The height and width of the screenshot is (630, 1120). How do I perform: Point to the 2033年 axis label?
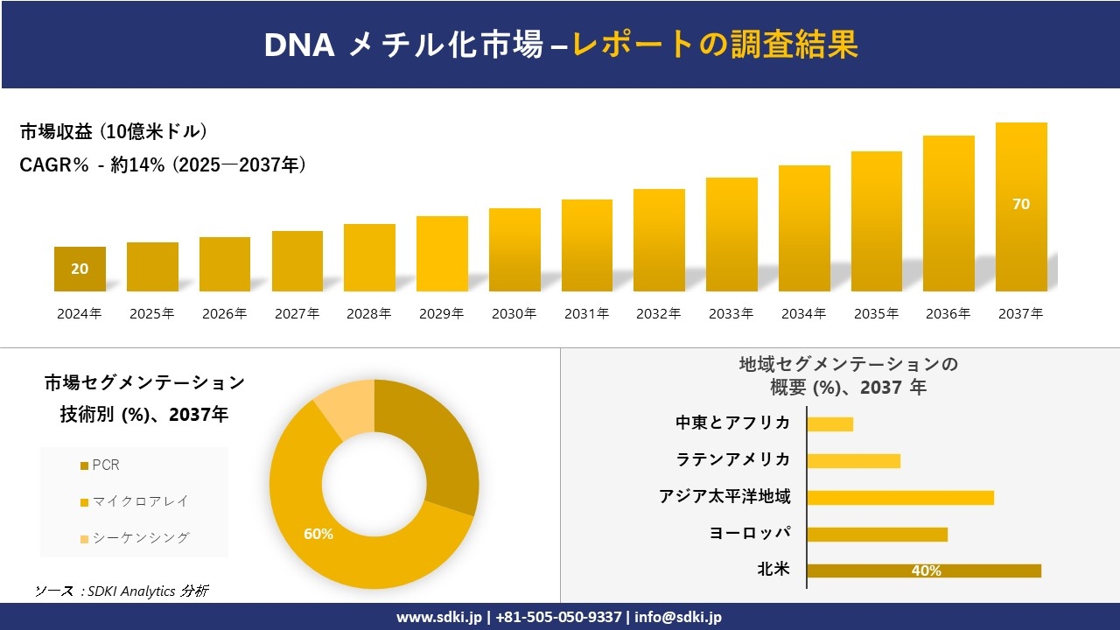tap(731, 314)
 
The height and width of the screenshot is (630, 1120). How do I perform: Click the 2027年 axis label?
tap(297, 314)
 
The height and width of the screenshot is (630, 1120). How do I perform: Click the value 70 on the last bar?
tap(1021, 204)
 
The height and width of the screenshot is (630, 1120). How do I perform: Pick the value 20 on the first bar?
tap(80, 269)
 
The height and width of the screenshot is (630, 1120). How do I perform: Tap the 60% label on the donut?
tap(318, 534)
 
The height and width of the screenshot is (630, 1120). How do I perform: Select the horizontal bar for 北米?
tap(923, 570)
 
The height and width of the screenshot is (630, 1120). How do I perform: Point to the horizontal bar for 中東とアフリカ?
tap(829, 424)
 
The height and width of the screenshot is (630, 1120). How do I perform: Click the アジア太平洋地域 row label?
tap(724, 497)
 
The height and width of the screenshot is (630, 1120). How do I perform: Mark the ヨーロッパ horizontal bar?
tap(877, 534)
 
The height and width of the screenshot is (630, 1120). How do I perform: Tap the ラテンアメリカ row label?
tap(733, 460)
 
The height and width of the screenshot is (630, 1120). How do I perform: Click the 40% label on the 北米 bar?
tap(926, 571)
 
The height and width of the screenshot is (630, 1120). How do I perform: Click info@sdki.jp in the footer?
tap(678, 617)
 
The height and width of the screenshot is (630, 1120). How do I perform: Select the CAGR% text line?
tap(163, 164)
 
